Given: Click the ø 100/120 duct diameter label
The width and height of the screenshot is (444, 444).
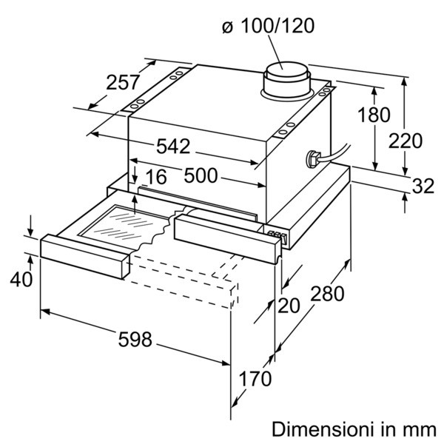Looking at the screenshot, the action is point(268,26).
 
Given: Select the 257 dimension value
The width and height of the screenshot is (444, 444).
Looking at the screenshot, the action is point(123,82).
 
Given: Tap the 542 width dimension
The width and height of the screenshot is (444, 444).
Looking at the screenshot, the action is point(173,147).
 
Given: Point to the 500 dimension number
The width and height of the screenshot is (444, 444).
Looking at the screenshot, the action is point(201,175).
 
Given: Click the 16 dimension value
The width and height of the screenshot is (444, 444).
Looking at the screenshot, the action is point(157,177).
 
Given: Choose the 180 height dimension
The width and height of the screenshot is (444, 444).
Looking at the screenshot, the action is point(374,115).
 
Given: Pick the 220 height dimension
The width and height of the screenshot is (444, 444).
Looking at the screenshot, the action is point(406,141).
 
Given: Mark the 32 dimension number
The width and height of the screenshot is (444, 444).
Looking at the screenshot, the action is point(423,186).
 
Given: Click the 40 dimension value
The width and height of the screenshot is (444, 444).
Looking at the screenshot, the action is point(21,279).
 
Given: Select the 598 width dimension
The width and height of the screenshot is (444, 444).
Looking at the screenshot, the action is point(135,339).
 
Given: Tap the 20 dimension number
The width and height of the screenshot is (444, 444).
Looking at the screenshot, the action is point(289,306).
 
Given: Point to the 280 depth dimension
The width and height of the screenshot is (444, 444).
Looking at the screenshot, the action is point(327,294).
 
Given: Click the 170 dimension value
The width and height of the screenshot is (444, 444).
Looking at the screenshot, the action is point(255,379).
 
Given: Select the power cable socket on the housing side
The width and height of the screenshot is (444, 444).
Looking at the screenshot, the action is point(312,159).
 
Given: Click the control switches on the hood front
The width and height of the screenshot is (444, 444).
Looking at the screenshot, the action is point(278,235).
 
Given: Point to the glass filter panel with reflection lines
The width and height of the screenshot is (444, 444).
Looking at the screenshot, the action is point(124,224).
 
